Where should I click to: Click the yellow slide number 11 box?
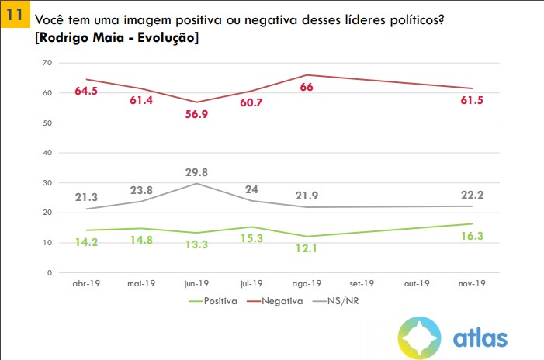point(13,15)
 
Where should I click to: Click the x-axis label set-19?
point(363,284)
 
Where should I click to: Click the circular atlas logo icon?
point(421,337)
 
